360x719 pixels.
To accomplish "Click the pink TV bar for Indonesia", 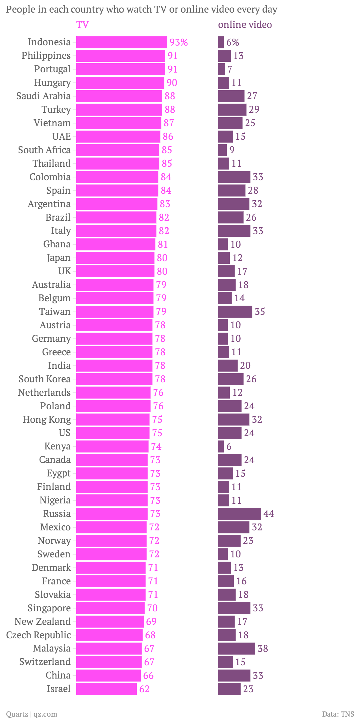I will click(121, 42).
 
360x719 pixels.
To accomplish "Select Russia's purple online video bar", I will click(239, 514).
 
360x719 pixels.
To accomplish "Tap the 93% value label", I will click(179, 42).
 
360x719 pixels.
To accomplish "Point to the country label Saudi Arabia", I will click(43, 96).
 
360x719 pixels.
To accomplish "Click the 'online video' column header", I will click(245, 25).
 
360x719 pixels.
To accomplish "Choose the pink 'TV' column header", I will click(82, 25).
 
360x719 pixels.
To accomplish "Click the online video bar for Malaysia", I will click(236, 648).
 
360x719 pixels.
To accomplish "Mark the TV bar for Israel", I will click(106, 689).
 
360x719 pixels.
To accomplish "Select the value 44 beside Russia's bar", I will click(269, 514).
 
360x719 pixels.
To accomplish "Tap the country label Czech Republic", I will click(38, 635).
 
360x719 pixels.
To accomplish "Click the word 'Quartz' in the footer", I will click(17, 714).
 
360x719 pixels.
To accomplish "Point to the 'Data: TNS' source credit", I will click(338, 714).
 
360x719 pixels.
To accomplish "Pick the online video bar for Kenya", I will click(221, 446).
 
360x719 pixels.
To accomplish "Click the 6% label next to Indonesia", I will click(233, 42).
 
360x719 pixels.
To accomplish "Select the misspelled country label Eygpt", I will click(58, 473).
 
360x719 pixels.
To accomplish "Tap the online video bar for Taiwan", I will click(235, 312).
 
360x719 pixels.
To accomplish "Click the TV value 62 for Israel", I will click(144, 689).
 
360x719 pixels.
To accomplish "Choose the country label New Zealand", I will click(43, 621).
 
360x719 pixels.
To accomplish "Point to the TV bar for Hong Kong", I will click(113, 419).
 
